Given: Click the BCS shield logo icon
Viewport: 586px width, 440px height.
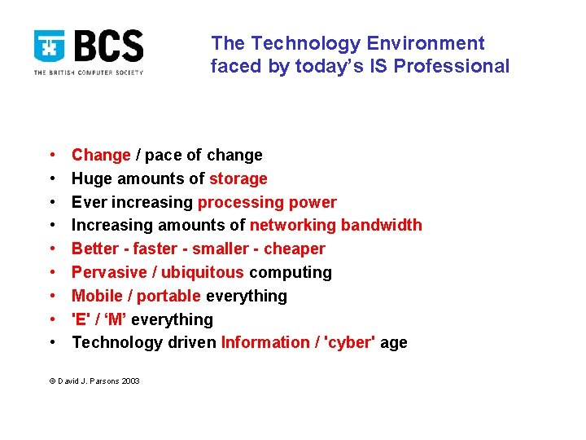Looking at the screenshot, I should pos(50,47).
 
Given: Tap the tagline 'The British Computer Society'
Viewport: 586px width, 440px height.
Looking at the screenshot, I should pos(88,73).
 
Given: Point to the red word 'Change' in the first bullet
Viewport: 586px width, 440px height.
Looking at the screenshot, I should pos(101,155).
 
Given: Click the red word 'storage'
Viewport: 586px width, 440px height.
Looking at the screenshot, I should pos(238,178).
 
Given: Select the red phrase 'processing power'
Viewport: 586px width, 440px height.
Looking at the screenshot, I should pos(267,202).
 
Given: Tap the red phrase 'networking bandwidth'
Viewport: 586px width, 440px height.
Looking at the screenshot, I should pos(335,225).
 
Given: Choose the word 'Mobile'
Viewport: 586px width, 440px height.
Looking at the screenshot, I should pos(96,296).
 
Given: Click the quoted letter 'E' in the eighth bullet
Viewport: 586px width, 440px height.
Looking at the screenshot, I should pos(80,319).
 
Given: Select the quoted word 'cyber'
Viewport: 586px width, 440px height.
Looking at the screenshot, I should pos(350,342).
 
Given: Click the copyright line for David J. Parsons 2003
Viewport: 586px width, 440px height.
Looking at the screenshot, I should pos(94,381).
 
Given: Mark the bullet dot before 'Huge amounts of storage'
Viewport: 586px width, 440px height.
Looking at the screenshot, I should pos(51,178).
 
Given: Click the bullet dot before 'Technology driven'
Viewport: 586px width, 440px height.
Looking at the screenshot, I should pos(51,342).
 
